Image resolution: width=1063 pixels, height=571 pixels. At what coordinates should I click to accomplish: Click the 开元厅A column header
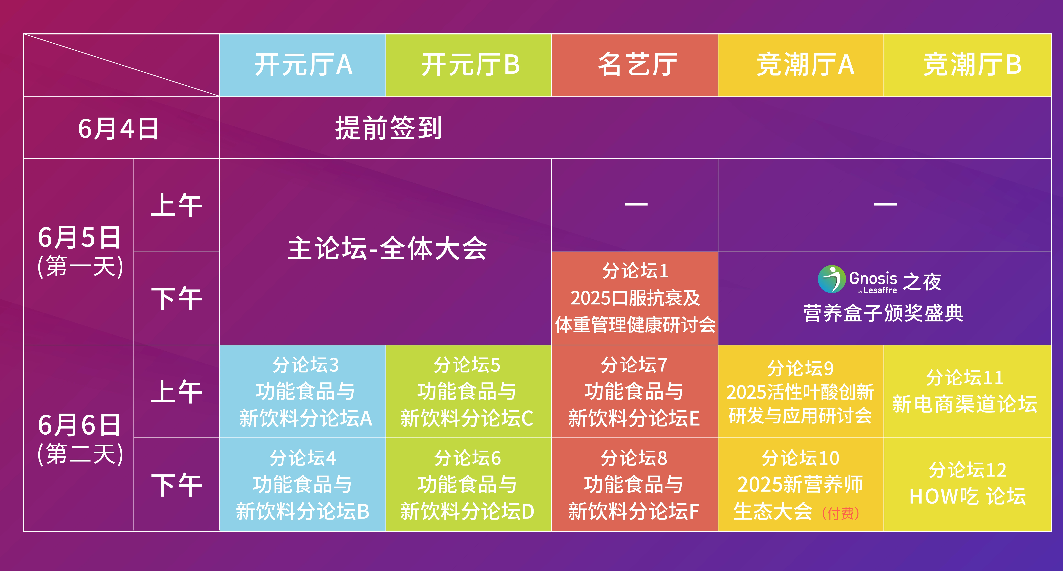[303, 65]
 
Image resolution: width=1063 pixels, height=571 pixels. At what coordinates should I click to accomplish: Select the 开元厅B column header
[469, 65]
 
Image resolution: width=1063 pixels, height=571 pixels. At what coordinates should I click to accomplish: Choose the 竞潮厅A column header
[801, 65]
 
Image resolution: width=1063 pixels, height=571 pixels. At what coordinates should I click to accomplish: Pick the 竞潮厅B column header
[967, 65]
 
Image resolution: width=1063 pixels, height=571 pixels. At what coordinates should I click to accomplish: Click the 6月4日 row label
[118, 128]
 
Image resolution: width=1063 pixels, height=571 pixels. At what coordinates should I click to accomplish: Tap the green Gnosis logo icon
[832, 279]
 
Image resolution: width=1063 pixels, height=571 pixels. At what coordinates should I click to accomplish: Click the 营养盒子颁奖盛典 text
[883, 313]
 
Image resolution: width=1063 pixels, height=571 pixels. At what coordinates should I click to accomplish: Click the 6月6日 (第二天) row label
[80, 439]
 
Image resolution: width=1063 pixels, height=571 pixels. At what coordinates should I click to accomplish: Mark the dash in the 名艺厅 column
[636, 204]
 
